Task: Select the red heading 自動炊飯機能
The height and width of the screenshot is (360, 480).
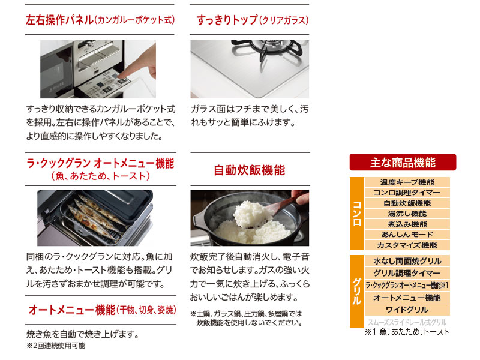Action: (249, 170)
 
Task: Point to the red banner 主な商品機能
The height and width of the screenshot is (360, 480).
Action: (403, 162)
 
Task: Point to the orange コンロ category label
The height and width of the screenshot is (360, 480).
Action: (356, 214)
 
